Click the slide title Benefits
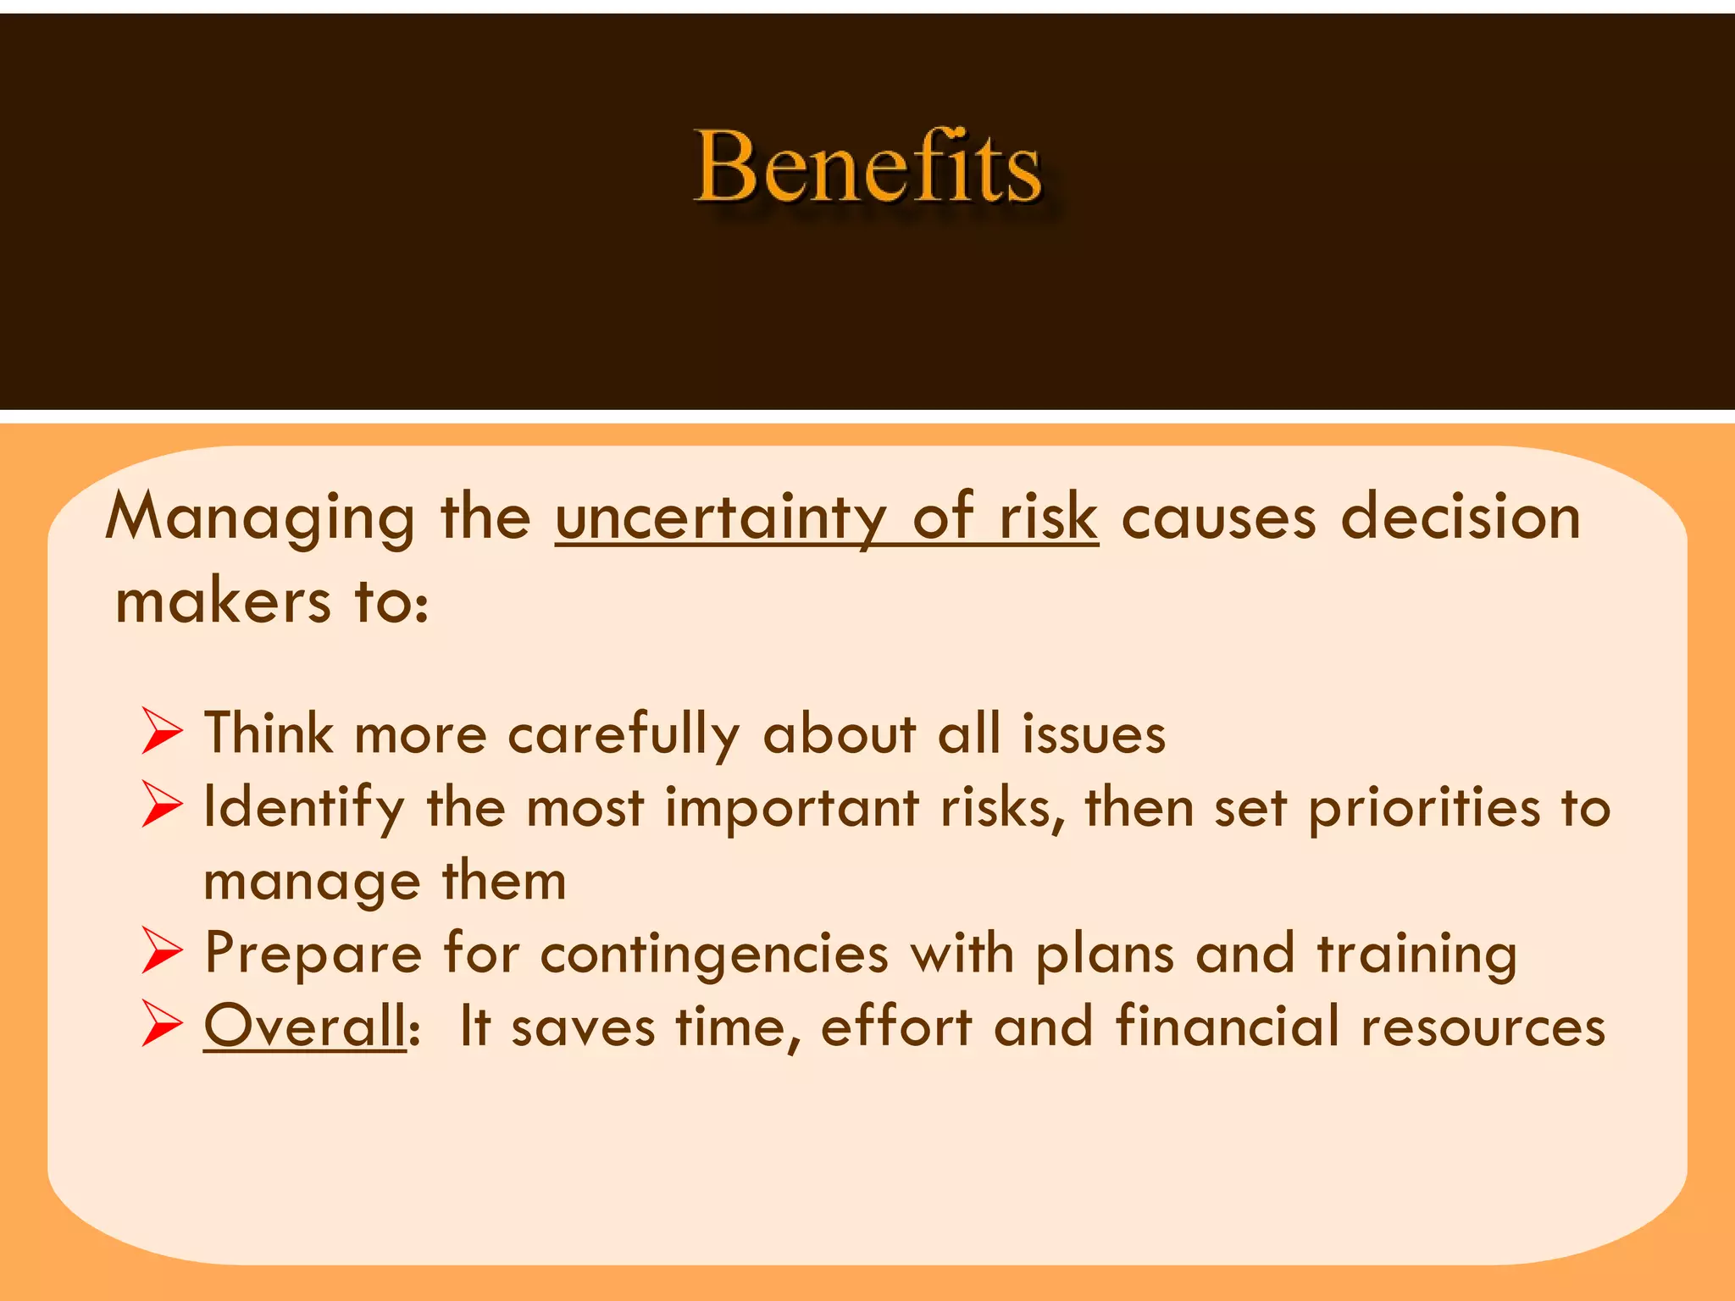(x=867, y=167)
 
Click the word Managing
(x=260, y=518)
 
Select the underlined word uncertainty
(x=721, y=518)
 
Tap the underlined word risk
(x=1048, y=518)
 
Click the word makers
(x=223, y=602)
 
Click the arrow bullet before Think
(x=162, y=731)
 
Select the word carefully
(x=624, y=734)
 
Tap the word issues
(x=1094, y=734)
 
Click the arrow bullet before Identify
(x=162, y=804)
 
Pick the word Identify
(x=304, y=807)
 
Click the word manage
(x=312, y=882)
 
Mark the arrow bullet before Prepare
(x=162, y=950)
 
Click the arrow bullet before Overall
(x=162, y=1023)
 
